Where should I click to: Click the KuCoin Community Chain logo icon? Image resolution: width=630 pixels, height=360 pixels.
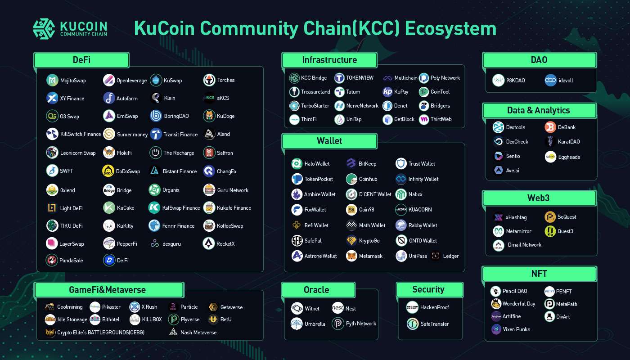point(44,29)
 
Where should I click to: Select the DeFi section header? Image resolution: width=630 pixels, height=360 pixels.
point(81,60)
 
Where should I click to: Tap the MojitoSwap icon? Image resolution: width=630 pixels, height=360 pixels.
point(52,81)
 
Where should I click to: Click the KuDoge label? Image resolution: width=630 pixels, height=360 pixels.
point(225,116)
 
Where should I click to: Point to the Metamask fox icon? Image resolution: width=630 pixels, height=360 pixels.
point(351,256)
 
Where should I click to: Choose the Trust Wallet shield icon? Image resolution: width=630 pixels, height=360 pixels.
point(401,163)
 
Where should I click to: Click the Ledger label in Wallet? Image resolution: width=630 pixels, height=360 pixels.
point(451,256)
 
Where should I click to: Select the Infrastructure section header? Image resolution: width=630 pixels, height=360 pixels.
point(329,60)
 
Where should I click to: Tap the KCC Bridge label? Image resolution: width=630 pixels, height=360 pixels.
point(314,78)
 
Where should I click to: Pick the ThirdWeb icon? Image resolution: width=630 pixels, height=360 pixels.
point(424,120)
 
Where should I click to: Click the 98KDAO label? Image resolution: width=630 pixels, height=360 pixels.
point(516,81)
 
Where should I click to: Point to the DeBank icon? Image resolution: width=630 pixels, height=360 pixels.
point(550,127)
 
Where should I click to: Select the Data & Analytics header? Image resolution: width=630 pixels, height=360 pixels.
point(539,111)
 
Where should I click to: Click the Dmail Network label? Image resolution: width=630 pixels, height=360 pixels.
point(525,245)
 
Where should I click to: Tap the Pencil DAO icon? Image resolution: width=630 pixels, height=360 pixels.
point(495,291)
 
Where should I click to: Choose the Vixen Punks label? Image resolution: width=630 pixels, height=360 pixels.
point(517,329)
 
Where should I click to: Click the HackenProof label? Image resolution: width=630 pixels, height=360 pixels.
point(435,307)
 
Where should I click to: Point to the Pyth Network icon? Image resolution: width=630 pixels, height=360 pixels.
point(338,324)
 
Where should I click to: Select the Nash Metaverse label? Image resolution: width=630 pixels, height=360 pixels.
point(198,333)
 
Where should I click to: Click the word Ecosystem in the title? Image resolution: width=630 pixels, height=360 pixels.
point(450,29)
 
